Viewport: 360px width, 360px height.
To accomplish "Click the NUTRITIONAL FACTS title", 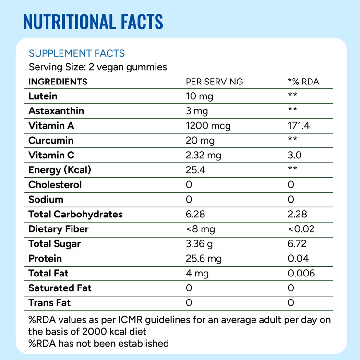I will coord(94,22).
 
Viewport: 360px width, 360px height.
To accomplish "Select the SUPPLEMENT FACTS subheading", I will coord(77,53).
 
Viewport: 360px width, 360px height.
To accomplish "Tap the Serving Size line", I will coord(98,67).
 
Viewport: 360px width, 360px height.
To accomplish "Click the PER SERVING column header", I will coord(214,82).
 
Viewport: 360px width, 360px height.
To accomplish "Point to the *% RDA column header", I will coord(303,82).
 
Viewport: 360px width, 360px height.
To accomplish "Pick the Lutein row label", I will coord(43,96).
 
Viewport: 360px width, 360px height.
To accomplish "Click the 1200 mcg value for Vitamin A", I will coord(208,126).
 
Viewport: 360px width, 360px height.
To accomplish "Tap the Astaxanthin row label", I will coord(56,111).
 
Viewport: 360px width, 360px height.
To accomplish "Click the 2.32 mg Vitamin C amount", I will coord(204,156).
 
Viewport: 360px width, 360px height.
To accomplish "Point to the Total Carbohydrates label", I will coord(75,214).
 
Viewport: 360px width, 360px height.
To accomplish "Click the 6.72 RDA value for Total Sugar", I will coord(297,244).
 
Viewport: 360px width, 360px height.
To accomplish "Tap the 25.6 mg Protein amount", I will coord(204,259).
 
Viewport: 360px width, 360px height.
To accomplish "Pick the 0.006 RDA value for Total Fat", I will coord(301,273).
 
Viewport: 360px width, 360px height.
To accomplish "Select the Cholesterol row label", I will coord(55,185).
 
